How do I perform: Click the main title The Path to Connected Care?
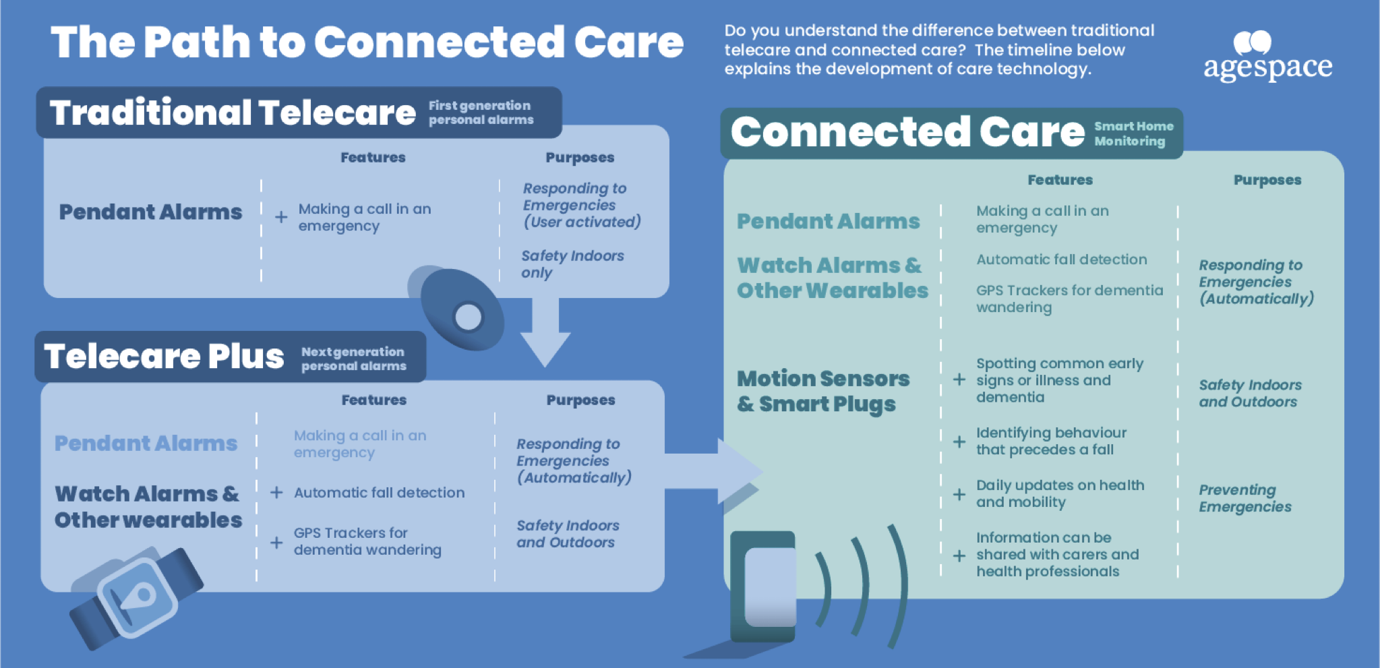pyautogui.click(x=367, y=42)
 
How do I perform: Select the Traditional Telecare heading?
pyautogui.click(x=233, y=113)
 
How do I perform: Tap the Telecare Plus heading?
pyautogui.click(x=164, y=356)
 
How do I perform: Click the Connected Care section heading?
pyautogui.click(x=907, y=131)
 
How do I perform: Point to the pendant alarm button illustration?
pyautogui.click(x=458, y=309)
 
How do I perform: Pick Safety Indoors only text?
pyautogui.click(x=572, y=264)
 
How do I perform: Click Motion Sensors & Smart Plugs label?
pyautogui.click(x=823, y=391)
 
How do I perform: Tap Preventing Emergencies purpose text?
pyautogui.click(x=1245, y=498)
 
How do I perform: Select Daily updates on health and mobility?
pyautogui.click(x=1060, y=493)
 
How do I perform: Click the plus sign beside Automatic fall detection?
pyautogui.click(x=276, y=493)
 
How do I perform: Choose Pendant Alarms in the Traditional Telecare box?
pyautogui.click(x=150, y=212)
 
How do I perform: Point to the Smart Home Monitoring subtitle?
pyautogui.click(x=1133, y=133)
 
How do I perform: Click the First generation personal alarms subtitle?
pyautogui.click(x=481, y=113)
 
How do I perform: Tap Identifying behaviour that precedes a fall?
pyautogui.click(x=1051, y=441)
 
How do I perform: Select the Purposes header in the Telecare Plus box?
pyautogui.click(x=580, y=400)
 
